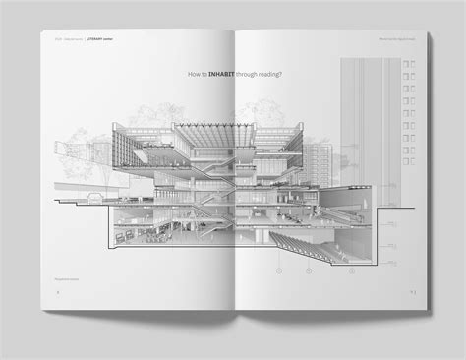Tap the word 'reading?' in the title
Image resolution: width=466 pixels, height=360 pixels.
(264, 74)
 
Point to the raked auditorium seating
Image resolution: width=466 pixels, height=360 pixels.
(324, 241)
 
